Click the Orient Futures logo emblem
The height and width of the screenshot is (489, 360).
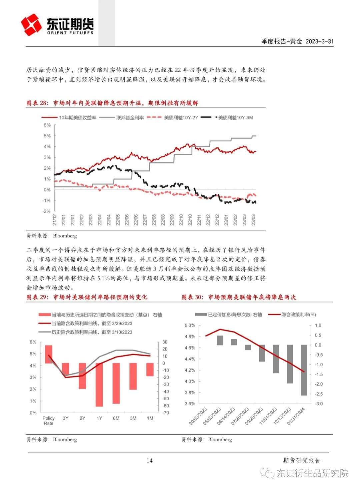click(x=32, y=25)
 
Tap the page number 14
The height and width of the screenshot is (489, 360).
click(x=149, y=460)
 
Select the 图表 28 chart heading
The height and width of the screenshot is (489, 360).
click(x=112, y=103)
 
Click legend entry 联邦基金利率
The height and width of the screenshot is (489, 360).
click(x=130, y=117)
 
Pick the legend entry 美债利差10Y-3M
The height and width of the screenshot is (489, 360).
click(x=235, y=117)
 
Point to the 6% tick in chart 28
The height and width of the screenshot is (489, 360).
click(x=47, y=125)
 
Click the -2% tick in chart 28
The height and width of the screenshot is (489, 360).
click(x=47, y=211)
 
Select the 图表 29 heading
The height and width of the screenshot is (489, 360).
click(x=87, y=297)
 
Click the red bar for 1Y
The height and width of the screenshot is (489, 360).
click(x=99, y=384)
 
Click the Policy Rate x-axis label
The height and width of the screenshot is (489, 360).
click(x=49, y=421)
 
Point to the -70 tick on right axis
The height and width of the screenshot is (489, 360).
click(x=165, y=413)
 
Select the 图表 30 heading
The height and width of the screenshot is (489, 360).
click(x=239, y=297)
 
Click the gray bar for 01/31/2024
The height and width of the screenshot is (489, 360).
click(x=304, y=370)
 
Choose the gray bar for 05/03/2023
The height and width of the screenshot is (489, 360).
click(x=220, y=340)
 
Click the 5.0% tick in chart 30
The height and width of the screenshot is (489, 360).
click(x=190, y=325)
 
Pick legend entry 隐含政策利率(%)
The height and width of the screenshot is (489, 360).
click(x=298, y=315)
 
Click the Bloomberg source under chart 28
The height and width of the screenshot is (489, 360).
click(x=65, y=236)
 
